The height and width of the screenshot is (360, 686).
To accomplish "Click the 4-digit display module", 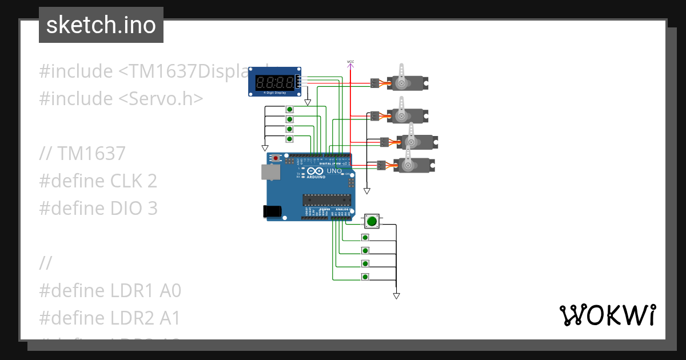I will point(275,84).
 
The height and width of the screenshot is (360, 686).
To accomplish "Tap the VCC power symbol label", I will point(350,61).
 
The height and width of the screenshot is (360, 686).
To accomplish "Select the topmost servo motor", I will point(406,82).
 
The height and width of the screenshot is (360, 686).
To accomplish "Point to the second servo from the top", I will point(406,115).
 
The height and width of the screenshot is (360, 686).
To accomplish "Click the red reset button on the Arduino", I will point(277,158).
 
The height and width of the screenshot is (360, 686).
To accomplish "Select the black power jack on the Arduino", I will point(272,211).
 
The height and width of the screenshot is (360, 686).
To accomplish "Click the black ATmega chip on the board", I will point(326,199).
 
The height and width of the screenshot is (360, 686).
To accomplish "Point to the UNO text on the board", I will point(334,171).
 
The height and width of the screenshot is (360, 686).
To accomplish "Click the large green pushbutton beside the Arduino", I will point(372,221).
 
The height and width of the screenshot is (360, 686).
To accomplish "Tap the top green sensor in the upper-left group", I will point(289,109).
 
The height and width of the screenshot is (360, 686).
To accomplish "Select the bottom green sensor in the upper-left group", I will point(289,139).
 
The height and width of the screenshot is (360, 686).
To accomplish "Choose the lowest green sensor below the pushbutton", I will point(365,277).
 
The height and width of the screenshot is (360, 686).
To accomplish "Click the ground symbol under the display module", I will point(308,103).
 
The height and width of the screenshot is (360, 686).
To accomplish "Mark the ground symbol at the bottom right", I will point(396,296).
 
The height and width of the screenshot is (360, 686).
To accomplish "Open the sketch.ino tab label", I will point(101,25).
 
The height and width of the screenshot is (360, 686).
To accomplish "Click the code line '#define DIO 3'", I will point(98,209).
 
